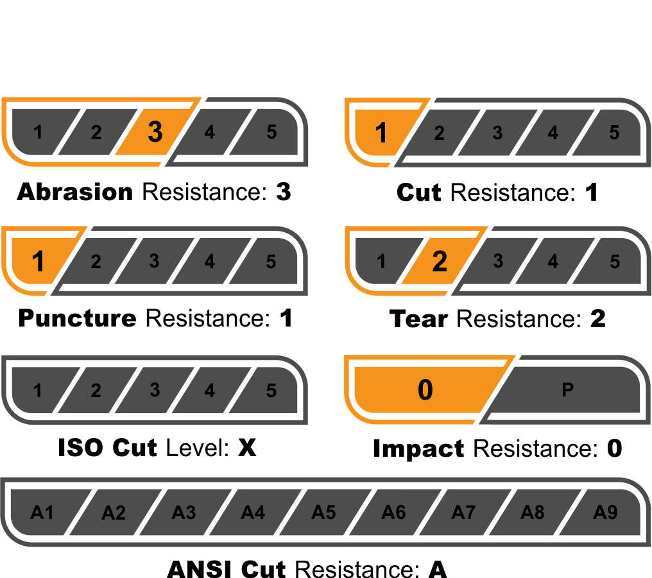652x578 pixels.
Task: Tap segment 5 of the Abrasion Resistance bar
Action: pos(270,132)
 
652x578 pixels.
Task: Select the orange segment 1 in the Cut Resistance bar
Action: pos(381,133)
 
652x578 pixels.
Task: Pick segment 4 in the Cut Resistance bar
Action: pos(553,133)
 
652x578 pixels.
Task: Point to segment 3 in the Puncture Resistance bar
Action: pos(154,261)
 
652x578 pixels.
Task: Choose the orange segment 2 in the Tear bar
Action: pos(439,261)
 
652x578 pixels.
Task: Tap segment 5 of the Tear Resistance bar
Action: pos(614,261)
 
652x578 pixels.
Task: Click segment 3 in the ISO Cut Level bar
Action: pos(154,389)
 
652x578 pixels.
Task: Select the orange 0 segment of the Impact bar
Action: pos(425,389)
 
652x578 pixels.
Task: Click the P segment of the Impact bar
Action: pos(567,389)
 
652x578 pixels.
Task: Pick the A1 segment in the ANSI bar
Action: pos(42,513)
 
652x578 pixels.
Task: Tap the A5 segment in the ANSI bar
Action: pos(323,513)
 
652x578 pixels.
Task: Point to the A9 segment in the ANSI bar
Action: pos(605,513)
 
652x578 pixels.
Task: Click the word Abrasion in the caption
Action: pos(74,191)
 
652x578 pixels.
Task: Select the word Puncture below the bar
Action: pos(77,318)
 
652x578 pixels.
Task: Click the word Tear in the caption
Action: pos(418,318)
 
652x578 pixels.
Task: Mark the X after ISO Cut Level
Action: pos(247,447)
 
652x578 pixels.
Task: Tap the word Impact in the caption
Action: pos(418,448)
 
